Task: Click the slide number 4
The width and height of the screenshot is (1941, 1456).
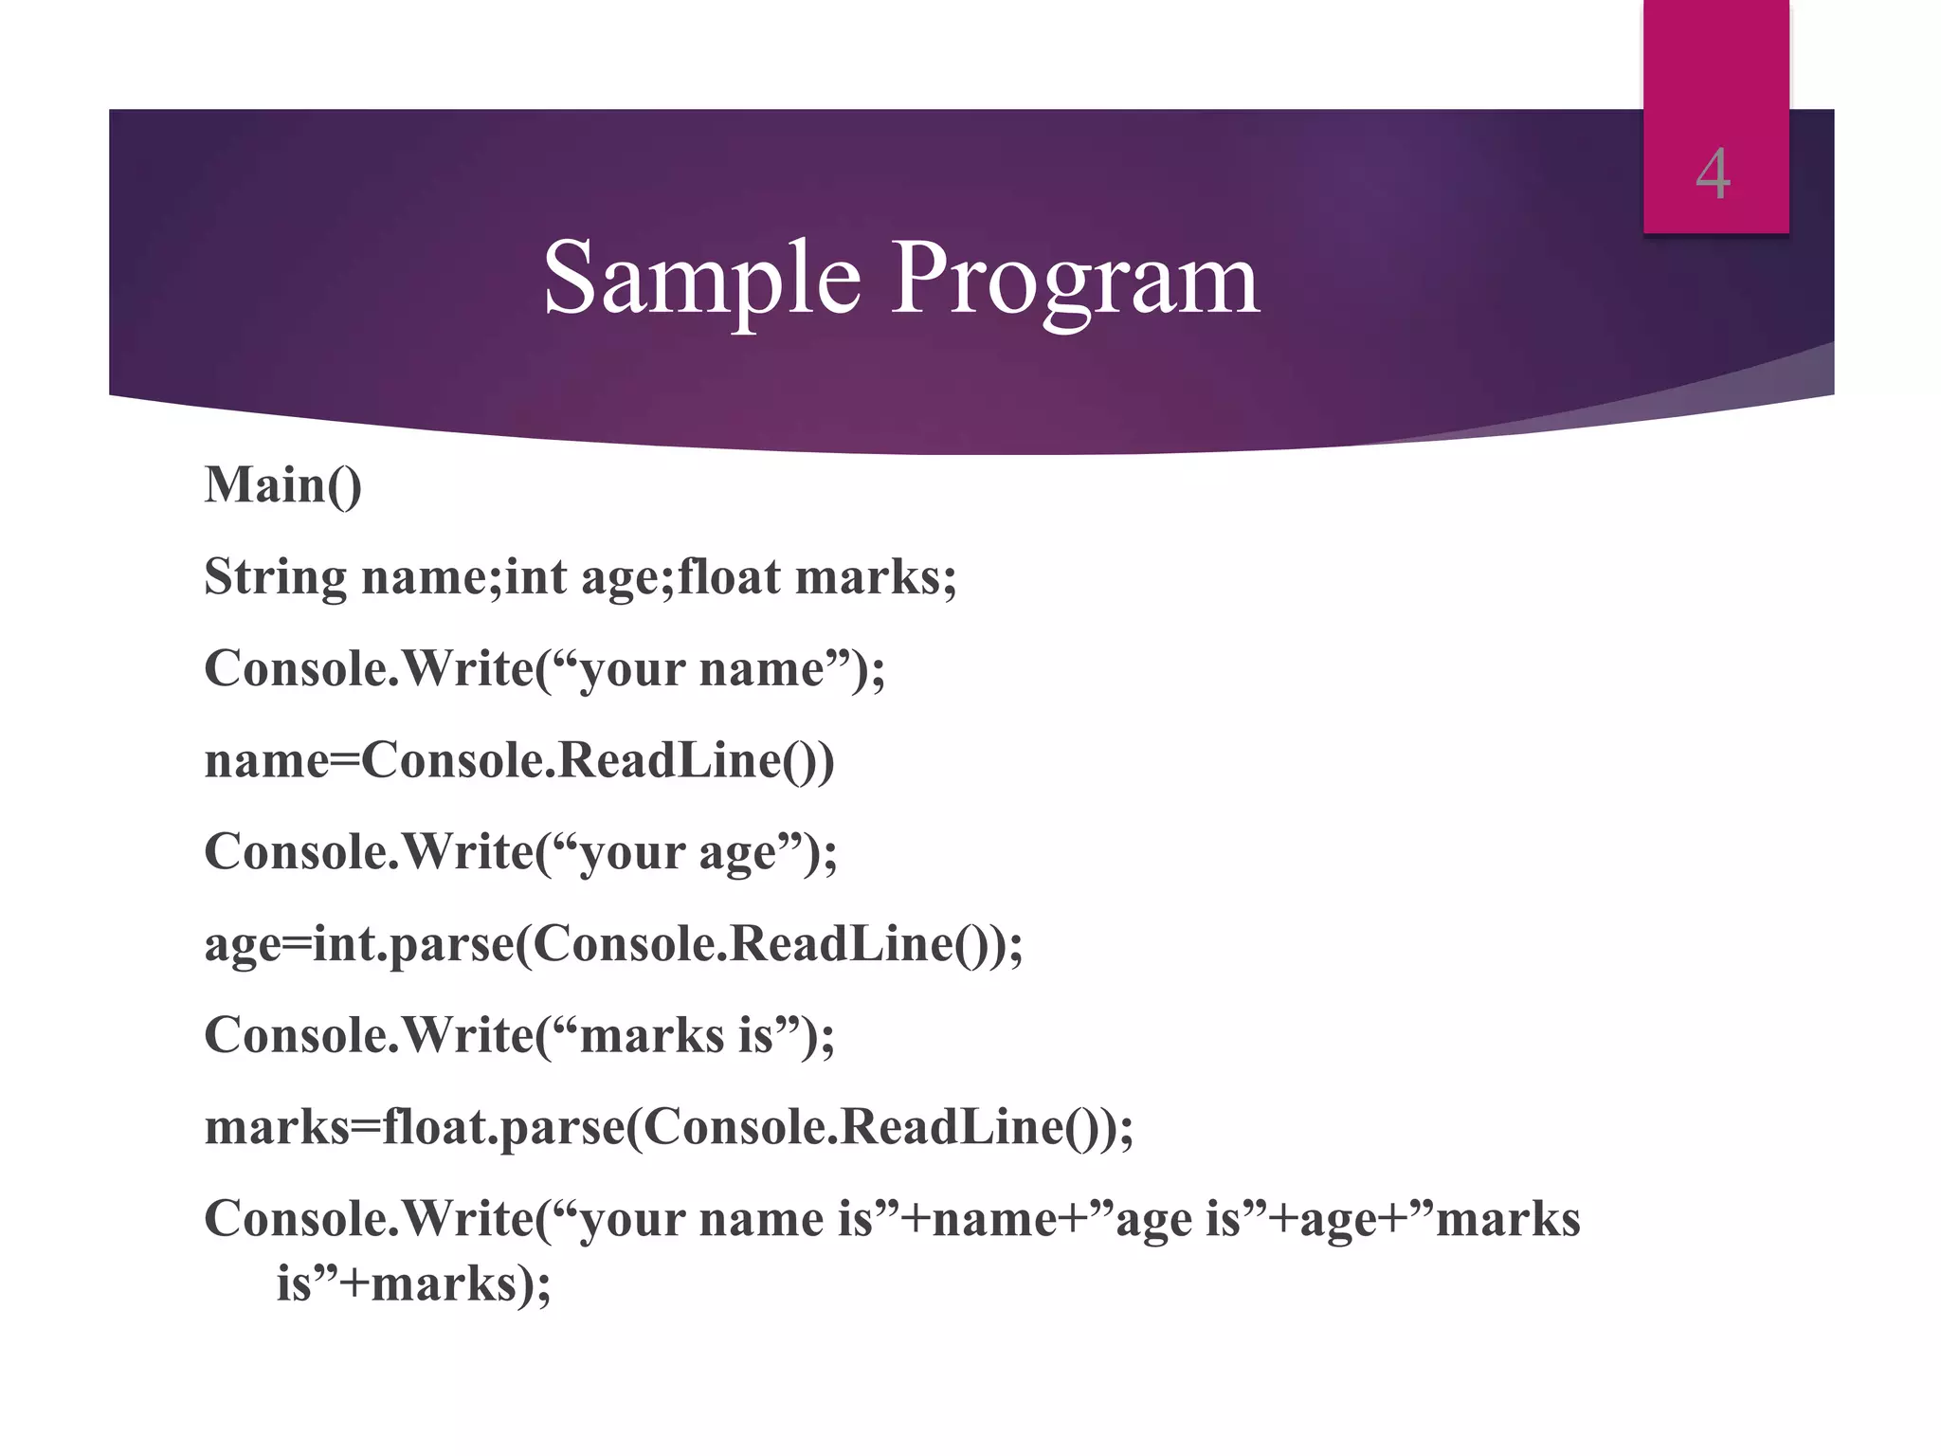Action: [1713, 175]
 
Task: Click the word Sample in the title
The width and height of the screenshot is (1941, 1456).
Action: [701, 278]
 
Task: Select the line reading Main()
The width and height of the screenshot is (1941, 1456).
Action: [282, 486]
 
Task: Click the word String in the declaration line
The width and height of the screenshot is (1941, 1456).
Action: [276, 577]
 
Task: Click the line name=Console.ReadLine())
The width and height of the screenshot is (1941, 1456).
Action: [519, 760]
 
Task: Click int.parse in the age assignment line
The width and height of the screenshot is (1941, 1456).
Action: [412, 944]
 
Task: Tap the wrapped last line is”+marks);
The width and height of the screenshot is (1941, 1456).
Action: [413, 1284]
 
